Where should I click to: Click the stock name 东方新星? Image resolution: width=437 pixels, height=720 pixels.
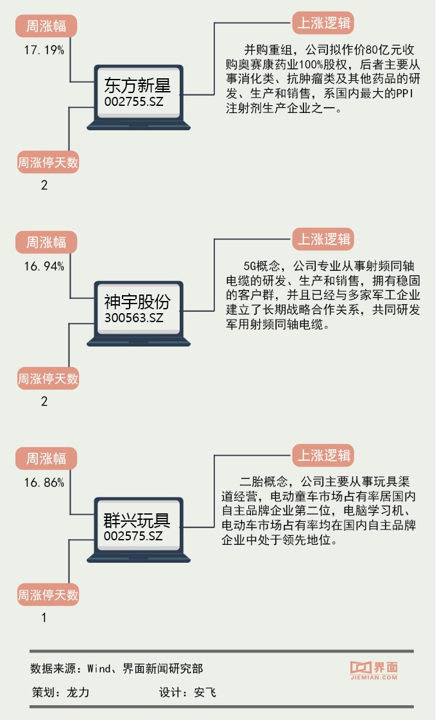137,86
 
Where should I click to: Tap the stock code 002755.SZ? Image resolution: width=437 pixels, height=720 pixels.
133,101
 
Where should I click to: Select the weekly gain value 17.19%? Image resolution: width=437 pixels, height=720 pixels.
44,50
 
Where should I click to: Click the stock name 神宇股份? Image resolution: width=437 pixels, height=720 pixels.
137,302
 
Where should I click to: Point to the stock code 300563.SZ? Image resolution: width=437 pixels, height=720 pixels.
133,318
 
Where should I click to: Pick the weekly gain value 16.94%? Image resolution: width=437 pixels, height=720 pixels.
44,266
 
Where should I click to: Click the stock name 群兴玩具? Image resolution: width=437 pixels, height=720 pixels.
137,519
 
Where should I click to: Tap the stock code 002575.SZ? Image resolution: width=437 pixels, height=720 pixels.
133,535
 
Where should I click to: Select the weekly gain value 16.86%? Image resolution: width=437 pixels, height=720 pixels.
44,483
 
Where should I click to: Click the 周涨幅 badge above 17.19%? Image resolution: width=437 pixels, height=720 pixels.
46,26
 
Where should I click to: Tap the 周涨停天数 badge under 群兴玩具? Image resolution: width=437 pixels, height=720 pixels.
47,595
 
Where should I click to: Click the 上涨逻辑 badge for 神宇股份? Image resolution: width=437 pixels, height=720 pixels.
323,239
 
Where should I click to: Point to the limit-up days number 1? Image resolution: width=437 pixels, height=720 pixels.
44,619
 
